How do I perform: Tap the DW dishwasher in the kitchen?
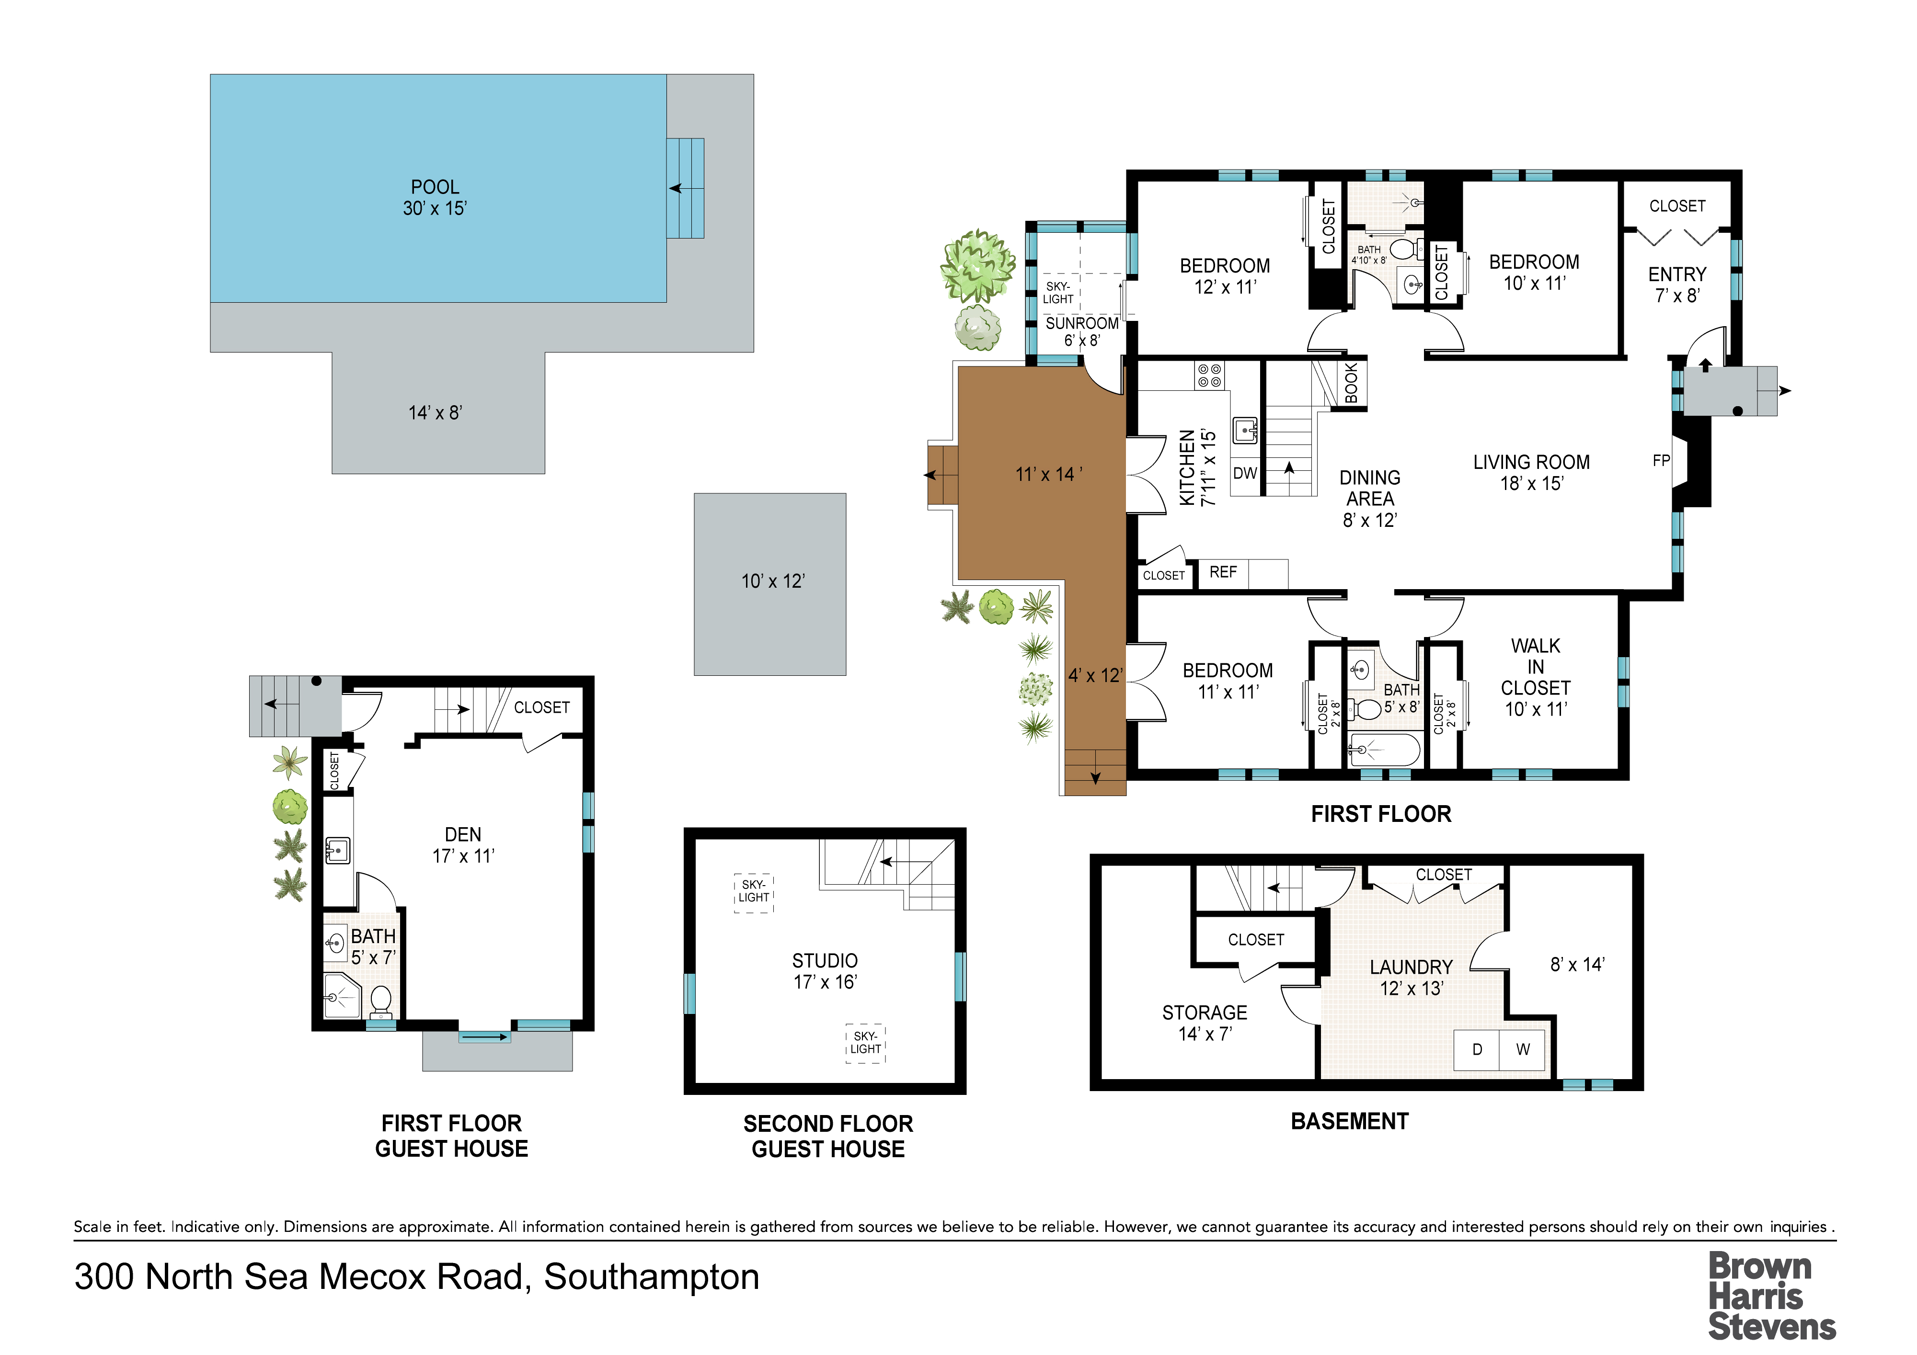1245,473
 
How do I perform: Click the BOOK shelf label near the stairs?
1352,383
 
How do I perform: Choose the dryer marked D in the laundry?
1477,1049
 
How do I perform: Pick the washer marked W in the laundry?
1523,1049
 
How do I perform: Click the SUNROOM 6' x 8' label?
1082,331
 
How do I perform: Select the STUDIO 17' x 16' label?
825,971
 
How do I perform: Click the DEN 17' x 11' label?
463,845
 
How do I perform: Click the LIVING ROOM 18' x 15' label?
1531,473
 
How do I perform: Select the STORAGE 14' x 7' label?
1205,1023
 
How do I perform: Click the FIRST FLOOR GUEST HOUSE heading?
452,1136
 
